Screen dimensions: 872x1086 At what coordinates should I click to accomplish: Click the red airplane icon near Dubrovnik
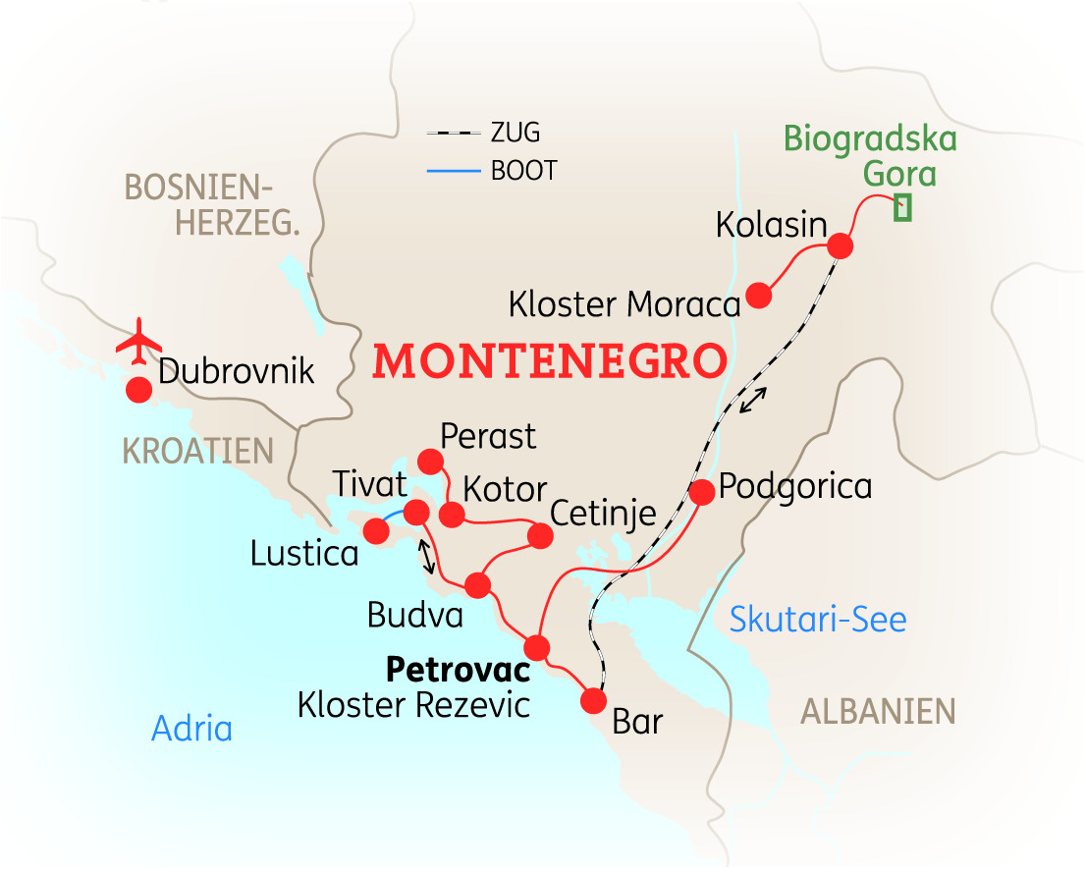coord(137,339)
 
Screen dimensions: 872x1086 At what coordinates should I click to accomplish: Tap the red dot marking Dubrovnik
coord(138,390)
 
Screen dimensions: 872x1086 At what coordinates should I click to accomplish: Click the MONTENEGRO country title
coord(550,361)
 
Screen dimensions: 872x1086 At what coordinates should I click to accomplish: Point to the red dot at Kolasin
coord(840,245)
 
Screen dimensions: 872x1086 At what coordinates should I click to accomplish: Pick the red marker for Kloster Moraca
coord(758,295)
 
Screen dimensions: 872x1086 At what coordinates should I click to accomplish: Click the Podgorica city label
coord(795,486)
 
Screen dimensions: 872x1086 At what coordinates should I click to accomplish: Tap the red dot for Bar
coord(593,701)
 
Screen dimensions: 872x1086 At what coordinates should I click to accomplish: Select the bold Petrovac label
coord(458,671)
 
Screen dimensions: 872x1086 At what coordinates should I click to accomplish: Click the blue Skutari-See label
coord(818,619)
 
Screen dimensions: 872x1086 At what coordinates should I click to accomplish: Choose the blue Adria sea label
coord(191,729)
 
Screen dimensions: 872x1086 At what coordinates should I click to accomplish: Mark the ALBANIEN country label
coord(878,711)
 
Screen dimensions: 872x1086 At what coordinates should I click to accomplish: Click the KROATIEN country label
coord(197,451)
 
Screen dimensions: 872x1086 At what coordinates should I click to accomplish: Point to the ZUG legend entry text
coord(515,132)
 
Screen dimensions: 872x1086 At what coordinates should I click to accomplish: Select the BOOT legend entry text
coord(523,172)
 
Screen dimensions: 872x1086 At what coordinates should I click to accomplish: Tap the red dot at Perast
coord(430,460)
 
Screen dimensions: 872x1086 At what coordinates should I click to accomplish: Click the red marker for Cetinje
coord(540,535)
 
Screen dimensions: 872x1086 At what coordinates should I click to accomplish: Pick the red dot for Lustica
coord(375,531)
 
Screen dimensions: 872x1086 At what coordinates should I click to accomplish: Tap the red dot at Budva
coord(477,585)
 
